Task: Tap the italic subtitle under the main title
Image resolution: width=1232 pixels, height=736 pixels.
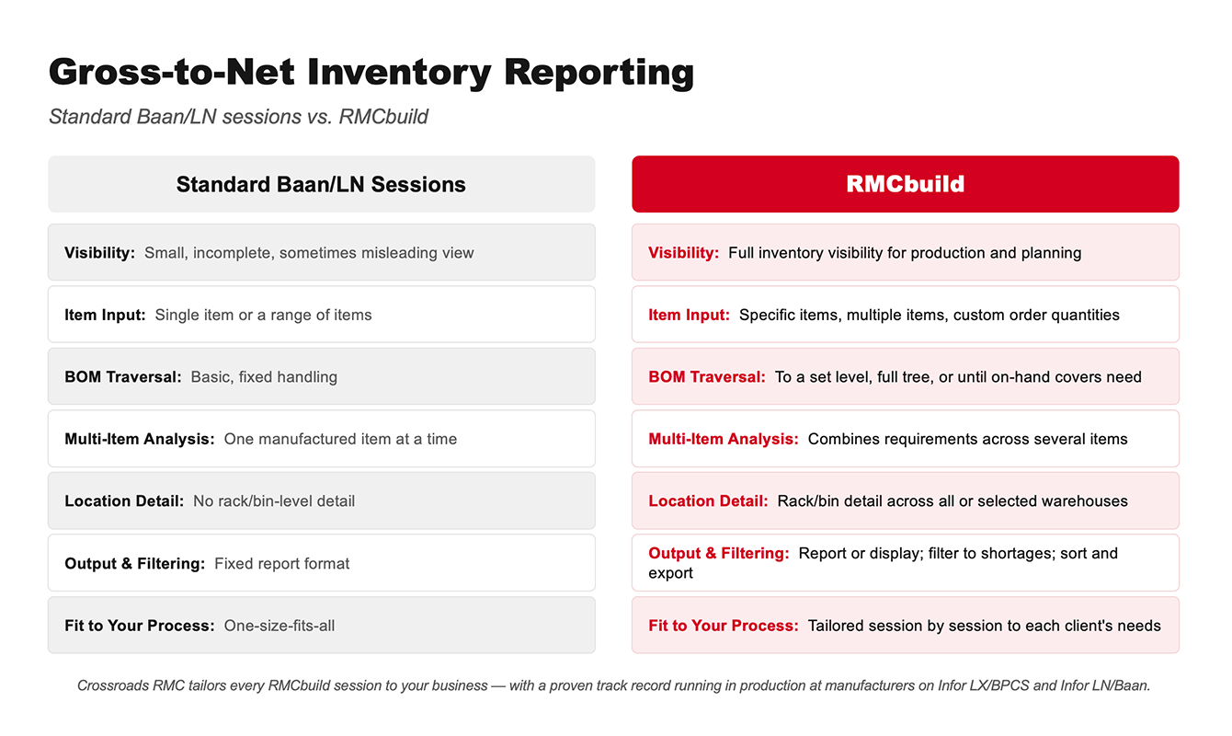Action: click(x=238, y=117)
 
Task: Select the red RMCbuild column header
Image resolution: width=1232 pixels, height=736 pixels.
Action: click(x=905, y=184)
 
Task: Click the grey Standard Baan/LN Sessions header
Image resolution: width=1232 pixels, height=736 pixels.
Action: click(x=321, y=184)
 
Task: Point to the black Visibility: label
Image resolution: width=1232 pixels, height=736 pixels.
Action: click(x=99, y=253)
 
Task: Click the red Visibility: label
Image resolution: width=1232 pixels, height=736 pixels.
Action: click(x=684, y=253)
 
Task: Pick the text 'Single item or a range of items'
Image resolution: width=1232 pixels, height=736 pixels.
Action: click(x=264, y=315)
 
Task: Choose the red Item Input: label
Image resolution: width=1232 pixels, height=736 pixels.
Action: click(x=690, y=315)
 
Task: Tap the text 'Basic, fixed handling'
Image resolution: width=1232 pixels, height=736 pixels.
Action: click(x=264, y=377)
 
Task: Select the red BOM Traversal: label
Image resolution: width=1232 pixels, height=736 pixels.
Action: click(x=707, y=377)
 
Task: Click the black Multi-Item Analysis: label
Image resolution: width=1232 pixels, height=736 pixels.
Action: click(x=140, y=439)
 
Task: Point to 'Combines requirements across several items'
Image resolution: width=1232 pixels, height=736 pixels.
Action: click(x=967, y=439)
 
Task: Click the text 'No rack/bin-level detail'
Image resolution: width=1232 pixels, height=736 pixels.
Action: click(x=274, y=501)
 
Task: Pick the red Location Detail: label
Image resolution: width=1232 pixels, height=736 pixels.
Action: click(x=708, y=501)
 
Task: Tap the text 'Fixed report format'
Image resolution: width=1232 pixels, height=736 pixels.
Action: click(x=281, y=564)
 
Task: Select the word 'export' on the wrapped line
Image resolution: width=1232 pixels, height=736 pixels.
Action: click(x=670, y=573)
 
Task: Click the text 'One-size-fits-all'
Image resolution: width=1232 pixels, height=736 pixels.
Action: click(x=279, y=626)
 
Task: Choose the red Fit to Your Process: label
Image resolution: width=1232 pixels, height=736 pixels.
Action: click(x=724, y=626)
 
